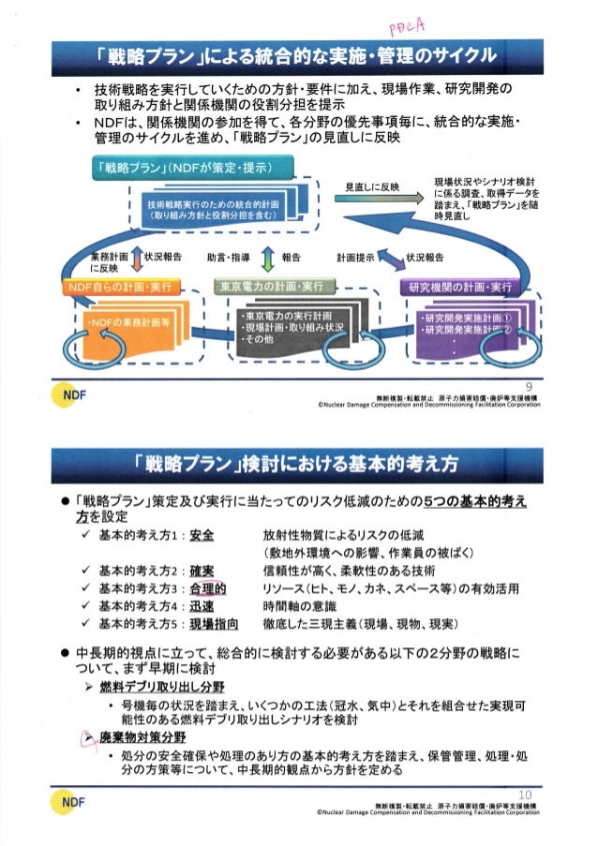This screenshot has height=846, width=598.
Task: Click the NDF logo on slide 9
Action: pos(76,394)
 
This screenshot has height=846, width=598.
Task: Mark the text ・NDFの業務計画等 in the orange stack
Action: pos(126,325)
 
